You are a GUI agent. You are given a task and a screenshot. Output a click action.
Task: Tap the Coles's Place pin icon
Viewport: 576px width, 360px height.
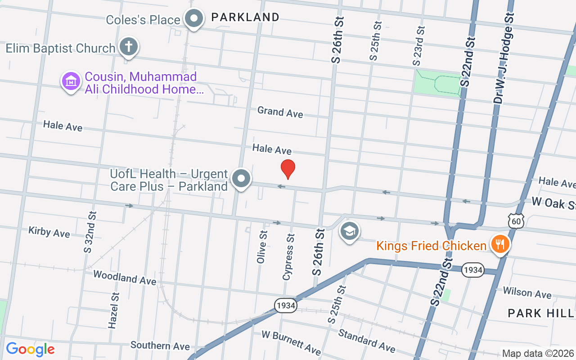194,18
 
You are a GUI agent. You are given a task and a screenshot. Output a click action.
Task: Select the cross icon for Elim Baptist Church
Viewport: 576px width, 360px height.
128,47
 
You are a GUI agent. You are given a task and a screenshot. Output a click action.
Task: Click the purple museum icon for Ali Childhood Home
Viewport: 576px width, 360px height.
71,82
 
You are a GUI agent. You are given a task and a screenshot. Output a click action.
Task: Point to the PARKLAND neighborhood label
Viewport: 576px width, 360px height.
245,17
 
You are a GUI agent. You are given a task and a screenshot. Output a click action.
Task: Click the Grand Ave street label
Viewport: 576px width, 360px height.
280,112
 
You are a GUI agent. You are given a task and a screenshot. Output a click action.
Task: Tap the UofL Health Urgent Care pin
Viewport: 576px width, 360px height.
241,179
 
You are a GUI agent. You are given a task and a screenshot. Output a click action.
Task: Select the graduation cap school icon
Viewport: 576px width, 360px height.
350,231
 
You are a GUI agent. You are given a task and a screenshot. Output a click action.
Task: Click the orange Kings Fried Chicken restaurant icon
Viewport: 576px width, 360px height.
499,244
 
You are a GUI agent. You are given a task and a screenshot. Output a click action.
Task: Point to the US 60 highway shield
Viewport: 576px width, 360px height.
517,221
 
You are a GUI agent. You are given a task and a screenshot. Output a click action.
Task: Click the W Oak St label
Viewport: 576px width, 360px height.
553,203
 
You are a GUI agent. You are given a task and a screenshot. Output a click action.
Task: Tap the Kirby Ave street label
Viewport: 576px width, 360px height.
49,232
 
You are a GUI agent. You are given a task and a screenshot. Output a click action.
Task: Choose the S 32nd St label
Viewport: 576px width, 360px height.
89,231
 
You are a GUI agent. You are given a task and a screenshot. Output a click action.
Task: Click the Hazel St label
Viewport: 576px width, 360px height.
114,310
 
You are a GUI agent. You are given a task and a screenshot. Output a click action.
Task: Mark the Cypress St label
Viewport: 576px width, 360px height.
288,256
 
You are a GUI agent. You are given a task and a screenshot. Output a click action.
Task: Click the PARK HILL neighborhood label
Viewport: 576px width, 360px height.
541,313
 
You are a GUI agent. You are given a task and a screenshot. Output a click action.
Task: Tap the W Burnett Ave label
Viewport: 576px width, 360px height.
291,342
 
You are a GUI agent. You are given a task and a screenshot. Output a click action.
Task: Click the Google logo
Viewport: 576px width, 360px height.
30,349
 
